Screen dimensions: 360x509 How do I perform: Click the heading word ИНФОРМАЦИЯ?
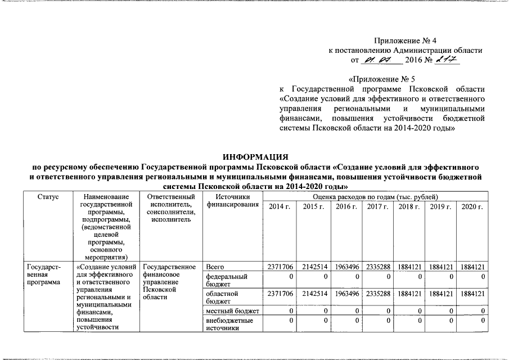click(255, 157)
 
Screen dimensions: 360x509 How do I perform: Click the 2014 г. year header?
click(280, 207)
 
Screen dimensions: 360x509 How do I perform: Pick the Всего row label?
click(215, 266)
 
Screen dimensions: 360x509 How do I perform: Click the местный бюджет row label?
click(232, 310)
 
